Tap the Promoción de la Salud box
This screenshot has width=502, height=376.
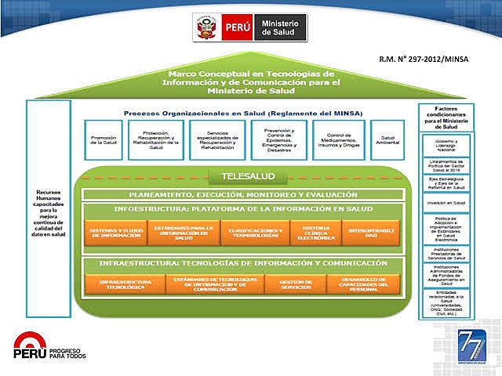click(104, 140)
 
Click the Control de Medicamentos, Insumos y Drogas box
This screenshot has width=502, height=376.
click(338, 140)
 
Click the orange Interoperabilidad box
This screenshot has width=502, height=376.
click(371, 233)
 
